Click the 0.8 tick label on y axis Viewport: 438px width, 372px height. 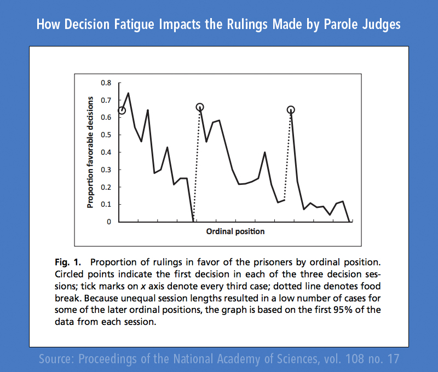pyautogui.click(x=106, y=83)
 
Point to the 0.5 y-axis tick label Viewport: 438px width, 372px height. pyautogui.click(x=106, y=135)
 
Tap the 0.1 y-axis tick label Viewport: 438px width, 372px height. pyautogui.click(x=106, y=204)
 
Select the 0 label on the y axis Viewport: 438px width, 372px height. pyautogui.click(x=109, y=222)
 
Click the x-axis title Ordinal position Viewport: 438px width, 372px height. pyautogui.click(x=235, y=231)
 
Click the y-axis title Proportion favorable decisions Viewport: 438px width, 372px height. pyautogui.click(x=91, y=152)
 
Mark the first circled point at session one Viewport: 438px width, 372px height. pyautogui.click(x=122, y=111)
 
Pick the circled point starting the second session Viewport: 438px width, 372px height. pyautogui.click(x=200, y=107)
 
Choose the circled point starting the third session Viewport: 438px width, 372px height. pyautogui.click(x=291, y=110)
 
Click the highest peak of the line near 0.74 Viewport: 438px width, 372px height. pyautogui.click(x=128, y=93)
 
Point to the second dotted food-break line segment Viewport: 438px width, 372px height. pyautogui.click(x=287, y=156)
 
